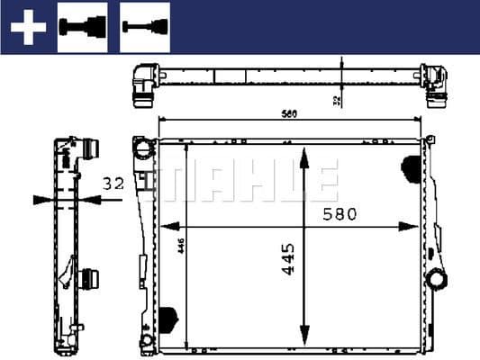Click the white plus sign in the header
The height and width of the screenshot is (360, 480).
[27, 28]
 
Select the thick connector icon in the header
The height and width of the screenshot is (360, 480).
[82, 27]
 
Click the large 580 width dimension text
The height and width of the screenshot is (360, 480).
[340, 214]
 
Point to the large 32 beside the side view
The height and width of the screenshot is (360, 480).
[113, 184]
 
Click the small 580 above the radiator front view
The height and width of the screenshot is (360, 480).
[288, 114]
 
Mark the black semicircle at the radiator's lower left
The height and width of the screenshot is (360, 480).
[168, 317]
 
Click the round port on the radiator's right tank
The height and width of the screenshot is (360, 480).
[438, 280]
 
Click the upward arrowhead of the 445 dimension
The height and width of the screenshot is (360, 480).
[306, 155]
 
